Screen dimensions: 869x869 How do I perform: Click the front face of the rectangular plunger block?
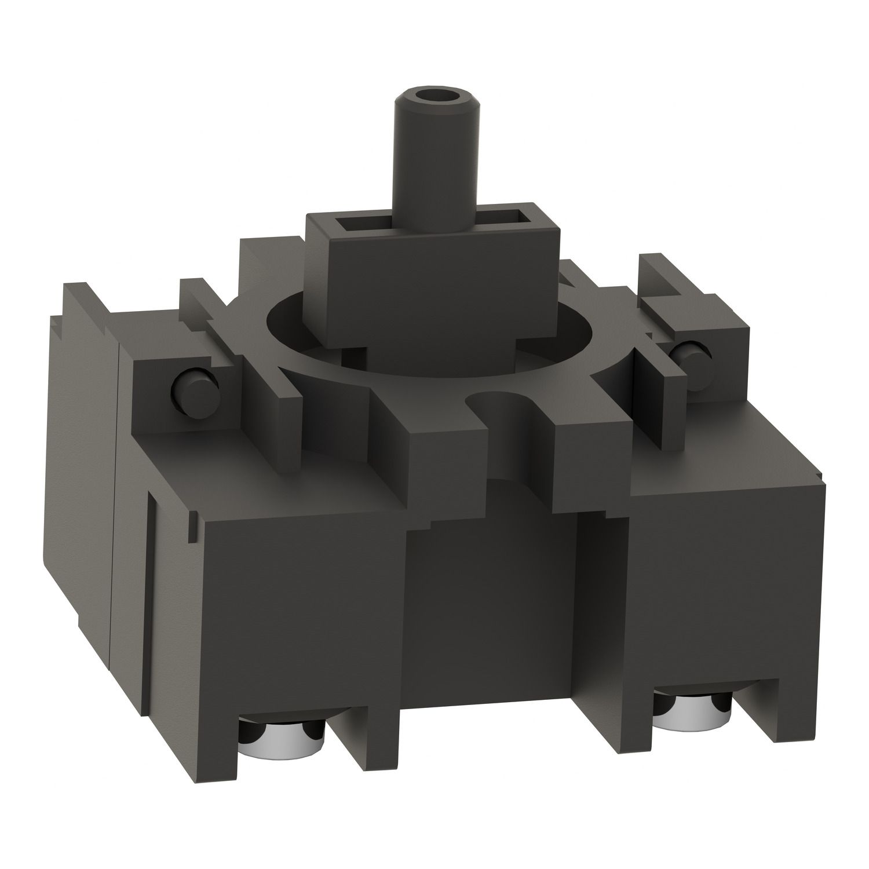[x=429, y=290]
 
